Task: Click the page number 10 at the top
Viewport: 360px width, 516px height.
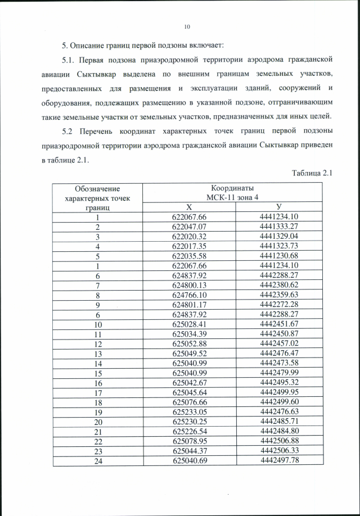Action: point(187,26)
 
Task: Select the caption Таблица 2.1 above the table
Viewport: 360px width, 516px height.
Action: point(313,173)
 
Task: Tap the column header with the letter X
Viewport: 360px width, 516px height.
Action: point(190,207)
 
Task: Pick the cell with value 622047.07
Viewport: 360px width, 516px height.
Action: point(190,227)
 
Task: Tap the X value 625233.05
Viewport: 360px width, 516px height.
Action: point(190,411)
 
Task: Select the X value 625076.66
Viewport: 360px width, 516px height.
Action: point(190,401)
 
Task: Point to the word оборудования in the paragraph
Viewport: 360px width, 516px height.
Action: point(67,103)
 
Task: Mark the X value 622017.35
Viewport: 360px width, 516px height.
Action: point(190,246)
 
